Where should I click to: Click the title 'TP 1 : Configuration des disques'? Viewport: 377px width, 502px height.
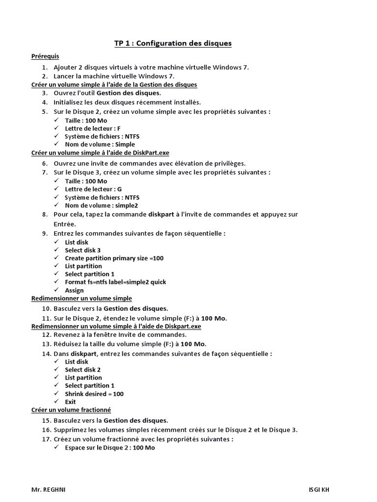click(x=173, y=44)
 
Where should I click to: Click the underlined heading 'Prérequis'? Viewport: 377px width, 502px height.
click(x=45, y=56)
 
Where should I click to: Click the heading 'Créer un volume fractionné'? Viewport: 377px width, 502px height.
click(x=71, y=409)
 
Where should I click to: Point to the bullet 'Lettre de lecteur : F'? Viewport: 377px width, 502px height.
click(x=93, y=128)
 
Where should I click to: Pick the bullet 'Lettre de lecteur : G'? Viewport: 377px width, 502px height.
click(x=93, y=189)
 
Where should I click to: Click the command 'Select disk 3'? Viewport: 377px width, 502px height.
click(x=82, y=250)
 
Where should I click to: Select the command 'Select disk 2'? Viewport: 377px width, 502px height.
click(x=82, y=370)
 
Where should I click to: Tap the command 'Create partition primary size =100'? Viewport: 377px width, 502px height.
click(x=114, y=258)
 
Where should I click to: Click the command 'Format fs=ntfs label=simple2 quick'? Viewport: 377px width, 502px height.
click(x=115, y=282)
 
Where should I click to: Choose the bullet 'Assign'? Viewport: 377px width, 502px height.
click(x=74, y=290)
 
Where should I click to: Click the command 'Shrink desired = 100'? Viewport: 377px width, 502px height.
click(x=94, y=394)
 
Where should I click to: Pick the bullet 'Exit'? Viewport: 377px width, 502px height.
click(x=70, y=402)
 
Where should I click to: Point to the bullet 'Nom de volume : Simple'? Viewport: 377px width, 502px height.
click(x=100, y=145)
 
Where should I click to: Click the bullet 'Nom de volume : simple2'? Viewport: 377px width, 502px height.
click(x=101, y=205)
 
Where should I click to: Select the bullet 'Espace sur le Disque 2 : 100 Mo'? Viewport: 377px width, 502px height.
click(x=109, y=448)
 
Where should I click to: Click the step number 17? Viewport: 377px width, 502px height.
click(x=47, y=439)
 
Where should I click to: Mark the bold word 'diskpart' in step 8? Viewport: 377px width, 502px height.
click(x=161, y=215)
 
